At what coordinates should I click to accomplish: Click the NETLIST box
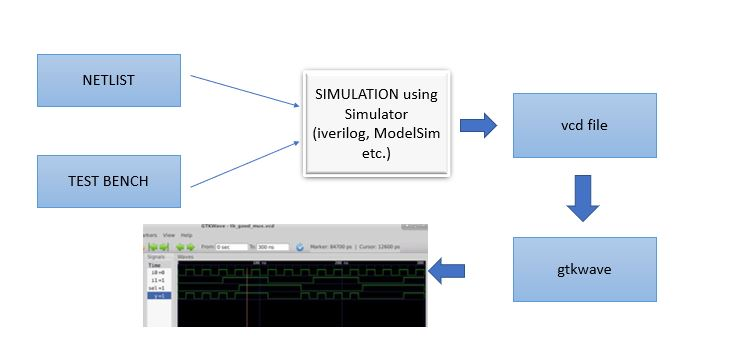(109, 80)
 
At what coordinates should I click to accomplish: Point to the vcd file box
(584, 125)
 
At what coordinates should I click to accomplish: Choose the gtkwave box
(584, 270)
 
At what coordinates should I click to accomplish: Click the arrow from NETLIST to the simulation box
(245, 92)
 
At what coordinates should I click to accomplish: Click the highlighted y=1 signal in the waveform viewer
(159, 295)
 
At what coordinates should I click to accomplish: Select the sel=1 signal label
(158, 287)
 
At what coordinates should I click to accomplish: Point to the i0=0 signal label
(158, 271)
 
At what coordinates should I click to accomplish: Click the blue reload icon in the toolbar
(300, 246)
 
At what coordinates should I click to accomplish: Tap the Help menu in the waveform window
(187, 234)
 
